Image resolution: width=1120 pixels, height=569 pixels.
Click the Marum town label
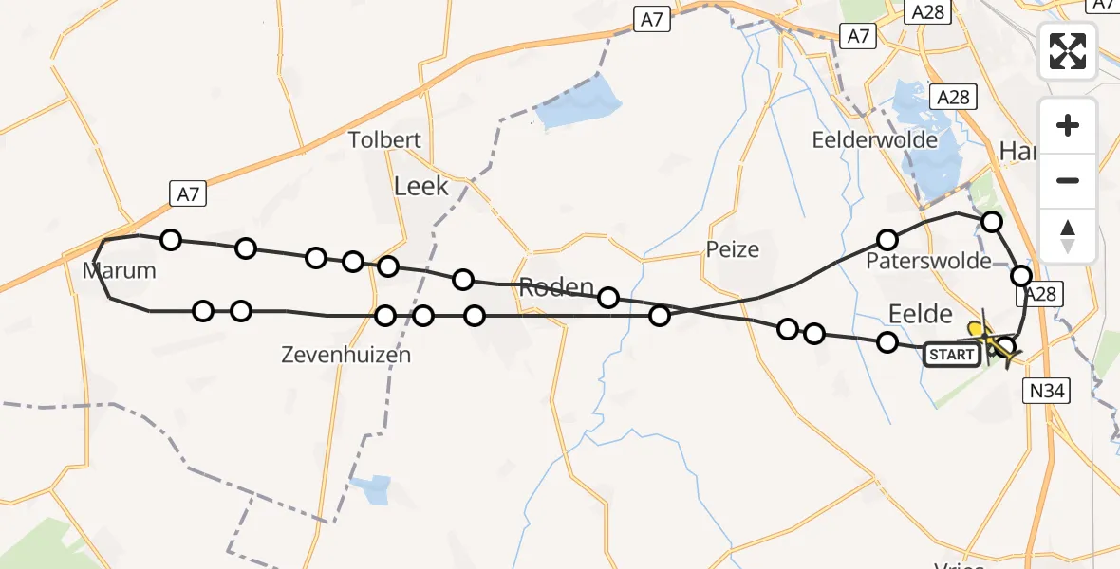[x=119, y=270]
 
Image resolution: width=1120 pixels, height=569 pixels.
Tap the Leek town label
[x=420, y=187]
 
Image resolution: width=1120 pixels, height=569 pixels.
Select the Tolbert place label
[x=384, y=140]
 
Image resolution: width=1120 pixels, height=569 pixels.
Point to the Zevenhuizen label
[x=346, y=356]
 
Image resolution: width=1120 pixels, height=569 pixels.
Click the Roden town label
[x=557, y=288]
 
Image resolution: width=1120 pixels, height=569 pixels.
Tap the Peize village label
[x=733, y=249]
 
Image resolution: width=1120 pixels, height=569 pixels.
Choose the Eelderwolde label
[x=875, y=140]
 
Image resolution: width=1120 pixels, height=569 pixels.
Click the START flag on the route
[x=951, y=355]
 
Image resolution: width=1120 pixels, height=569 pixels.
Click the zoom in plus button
[x=1068, y=125]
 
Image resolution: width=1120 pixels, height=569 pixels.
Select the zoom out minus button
[x=1068, y=180]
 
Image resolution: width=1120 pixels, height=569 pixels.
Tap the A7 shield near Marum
[x=188, y=194]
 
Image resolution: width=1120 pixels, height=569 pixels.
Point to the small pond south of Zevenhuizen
[x=371, y=489]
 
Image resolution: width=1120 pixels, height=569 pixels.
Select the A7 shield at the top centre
[x=651, y=20]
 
